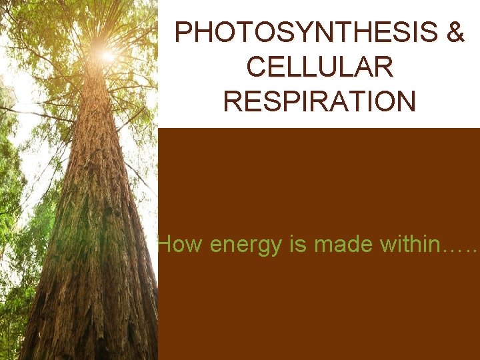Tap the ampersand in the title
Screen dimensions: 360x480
(455, 32)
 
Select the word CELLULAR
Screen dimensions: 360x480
(319, 67)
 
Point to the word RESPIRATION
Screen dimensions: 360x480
(319, 101)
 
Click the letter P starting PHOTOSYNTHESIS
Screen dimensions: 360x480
(182, 32)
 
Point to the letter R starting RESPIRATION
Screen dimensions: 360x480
(232, 101)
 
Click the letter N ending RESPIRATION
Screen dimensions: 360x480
(407, 101)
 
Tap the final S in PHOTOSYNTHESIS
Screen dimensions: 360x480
(427, 32)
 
